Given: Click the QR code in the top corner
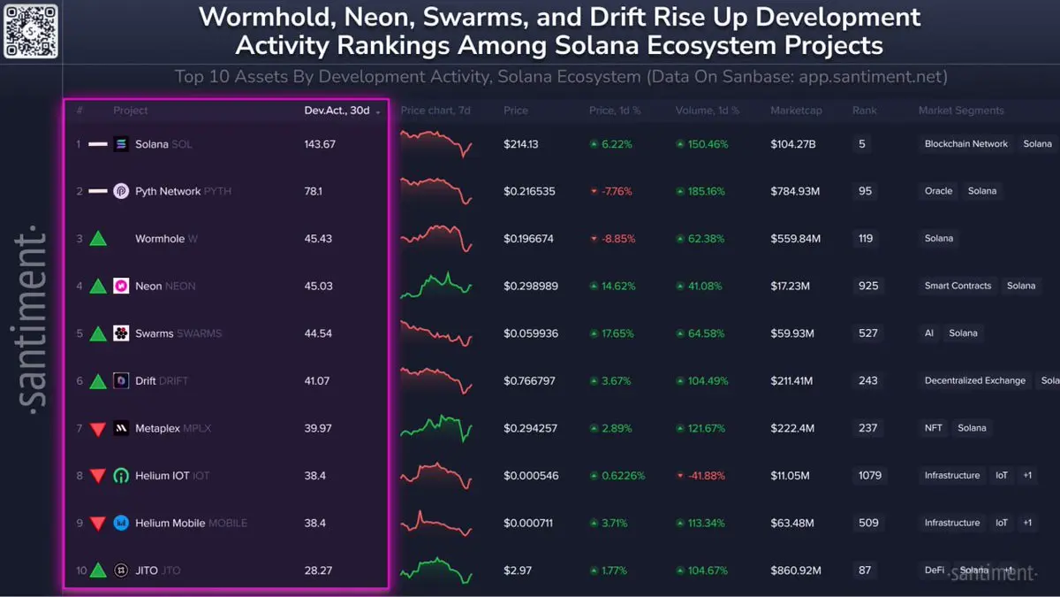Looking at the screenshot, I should pyautogui.click(x=31, y=31).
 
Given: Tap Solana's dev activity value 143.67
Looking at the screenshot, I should pyautogui.click(x=320, y=144).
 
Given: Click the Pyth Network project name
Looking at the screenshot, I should pyautogui.click(x=168, y=191).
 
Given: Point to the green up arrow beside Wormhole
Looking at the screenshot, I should pyautogui.click(x=98, y=239).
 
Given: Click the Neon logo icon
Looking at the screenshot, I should pyautogui.click(x=122, y=286).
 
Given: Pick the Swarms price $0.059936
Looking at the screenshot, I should pyautogui.click(x=530, y=333).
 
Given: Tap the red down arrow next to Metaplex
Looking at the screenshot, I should pyautogui.click(x=98, y=429).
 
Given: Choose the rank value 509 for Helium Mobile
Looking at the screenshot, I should pyautogui.click(x=868, y=523).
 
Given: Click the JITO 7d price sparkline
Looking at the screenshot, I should pyautogui.click(x=436, y=570).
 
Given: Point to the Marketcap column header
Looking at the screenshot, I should pyautogui.click(x=795, y=111).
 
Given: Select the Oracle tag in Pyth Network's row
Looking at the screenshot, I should pyautogui.click(x=938, y=191).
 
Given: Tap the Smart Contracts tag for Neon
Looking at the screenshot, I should pyautogui.click(x=958, y=286).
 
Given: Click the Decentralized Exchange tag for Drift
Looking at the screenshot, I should pyautogui.click(x=974, y=380).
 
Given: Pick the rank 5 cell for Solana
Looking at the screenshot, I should pyautogui.click(x=862, y=144).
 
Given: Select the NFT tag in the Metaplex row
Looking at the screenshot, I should pyautogui.click(x=934, y=428).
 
